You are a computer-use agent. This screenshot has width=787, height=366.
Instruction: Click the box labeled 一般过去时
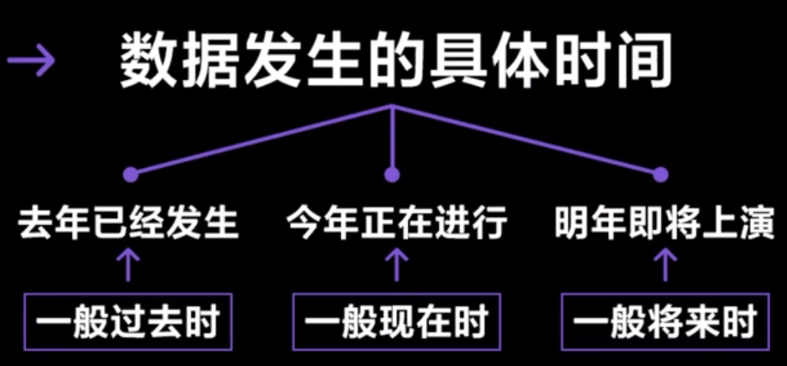coord(127,322)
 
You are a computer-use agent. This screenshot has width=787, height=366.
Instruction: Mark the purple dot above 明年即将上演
coord(660,175)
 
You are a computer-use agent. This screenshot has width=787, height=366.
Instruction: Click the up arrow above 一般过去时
coord(128,265)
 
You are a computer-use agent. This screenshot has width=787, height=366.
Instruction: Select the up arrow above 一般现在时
coord(396,265)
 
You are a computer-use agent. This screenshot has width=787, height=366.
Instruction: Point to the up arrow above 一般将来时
coord(665,265)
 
